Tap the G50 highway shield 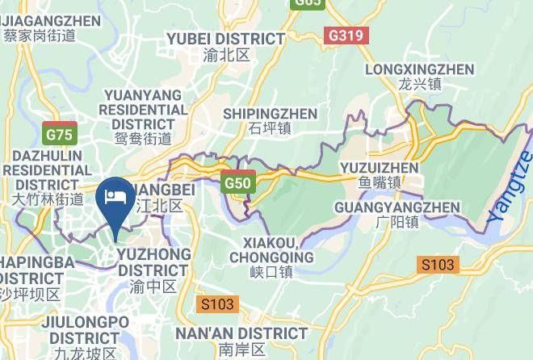point(238,183)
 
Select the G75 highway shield point(60,135)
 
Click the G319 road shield point(347,36)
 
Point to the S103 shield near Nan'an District point(217,304)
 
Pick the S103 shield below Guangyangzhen point(438,265)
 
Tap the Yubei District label point(225,39)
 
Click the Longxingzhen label point(419,69)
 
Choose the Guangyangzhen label point(397,207)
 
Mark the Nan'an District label point(241,333)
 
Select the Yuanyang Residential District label point(144,110)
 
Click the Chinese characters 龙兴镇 point(419,84)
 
